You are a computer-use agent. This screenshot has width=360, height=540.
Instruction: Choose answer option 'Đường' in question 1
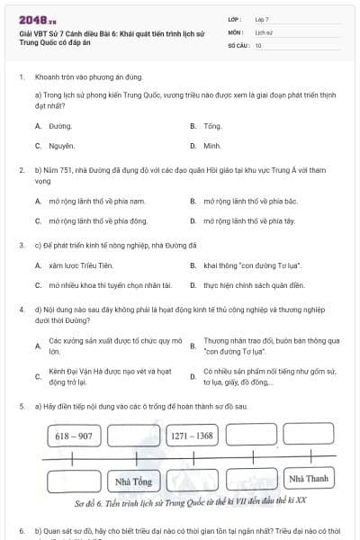pos(60,127)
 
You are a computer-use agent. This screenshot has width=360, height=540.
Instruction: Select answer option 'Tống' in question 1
pos(212,127)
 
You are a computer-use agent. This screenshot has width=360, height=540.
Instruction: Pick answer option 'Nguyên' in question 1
pos(62,145)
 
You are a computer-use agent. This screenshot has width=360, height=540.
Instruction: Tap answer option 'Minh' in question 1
pos(212,145)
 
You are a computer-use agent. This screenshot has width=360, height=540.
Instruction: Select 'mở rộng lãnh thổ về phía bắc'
pos(247,202)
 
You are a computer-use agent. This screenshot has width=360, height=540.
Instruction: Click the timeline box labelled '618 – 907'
pos(74,436)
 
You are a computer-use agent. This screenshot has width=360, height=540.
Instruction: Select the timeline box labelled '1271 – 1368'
pos(192,436)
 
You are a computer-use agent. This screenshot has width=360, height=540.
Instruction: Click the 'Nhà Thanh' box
pos(311,478)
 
